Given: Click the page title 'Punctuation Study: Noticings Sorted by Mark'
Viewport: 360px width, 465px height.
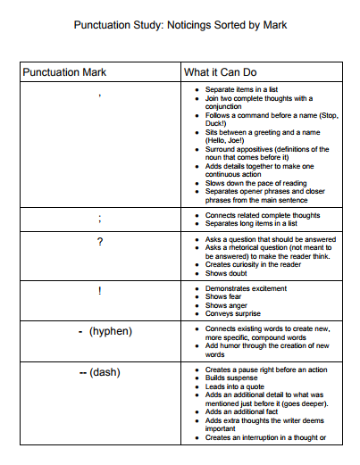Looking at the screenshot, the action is click(x=180, y=25).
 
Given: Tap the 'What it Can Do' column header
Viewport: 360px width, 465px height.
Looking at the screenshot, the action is click(x=223, y=71).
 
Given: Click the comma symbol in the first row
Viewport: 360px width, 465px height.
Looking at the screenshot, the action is click(x=100, y=92).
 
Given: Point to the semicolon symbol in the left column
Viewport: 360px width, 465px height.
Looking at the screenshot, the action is click(x=100, y=219).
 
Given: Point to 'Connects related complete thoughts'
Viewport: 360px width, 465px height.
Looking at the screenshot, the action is click(x=263, y=215).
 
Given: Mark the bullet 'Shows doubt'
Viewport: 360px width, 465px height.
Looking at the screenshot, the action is click(x=227, y=272).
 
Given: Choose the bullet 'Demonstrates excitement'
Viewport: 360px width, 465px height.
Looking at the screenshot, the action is click(x=247, y=288).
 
